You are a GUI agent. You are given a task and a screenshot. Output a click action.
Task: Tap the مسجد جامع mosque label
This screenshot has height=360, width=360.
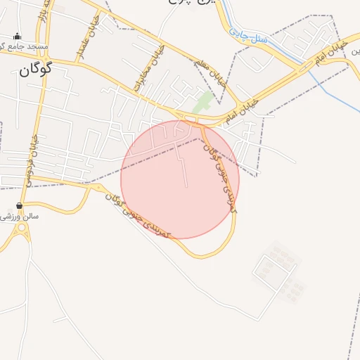26,46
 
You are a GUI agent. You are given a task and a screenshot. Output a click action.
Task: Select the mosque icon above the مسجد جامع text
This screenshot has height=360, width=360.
17,36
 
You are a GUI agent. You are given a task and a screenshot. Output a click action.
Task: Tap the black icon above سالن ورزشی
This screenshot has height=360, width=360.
19,205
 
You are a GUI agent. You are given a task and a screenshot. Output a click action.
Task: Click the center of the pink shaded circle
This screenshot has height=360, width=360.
180,179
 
